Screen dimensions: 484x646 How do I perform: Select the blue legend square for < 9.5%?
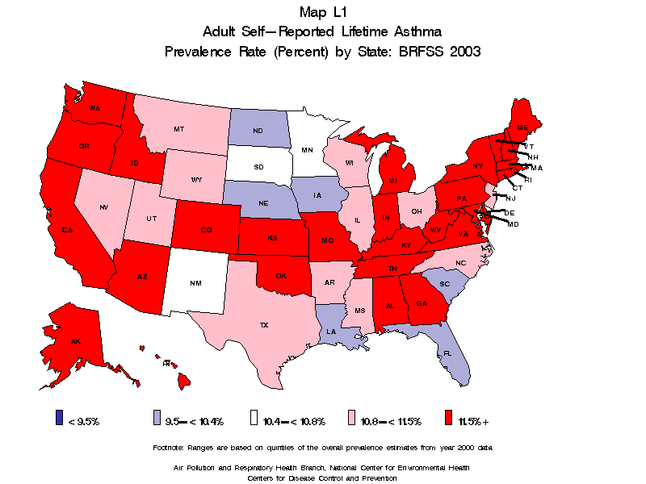pyautogui.click(x=59, y=417)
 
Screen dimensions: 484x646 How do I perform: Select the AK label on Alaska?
pyautogui.click(x=76, y=341)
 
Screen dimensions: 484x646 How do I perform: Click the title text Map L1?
pyautogui.click(x=322, y=11)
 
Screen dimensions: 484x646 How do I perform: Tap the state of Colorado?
pyautogui.click(x=206, y=230)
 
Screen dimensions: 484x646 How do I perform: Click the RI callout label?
pyautogui.click(x=528, y=179)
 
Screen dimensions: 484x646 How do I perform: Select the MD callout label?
pyautogui.click(x=513, y=223)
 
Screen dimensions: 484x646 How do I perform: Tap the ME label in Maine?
pyautogui.click(x=522, y=128)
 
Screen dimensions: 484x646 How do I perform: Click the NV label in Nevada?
pyautogui.click(x=104, y=207)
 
